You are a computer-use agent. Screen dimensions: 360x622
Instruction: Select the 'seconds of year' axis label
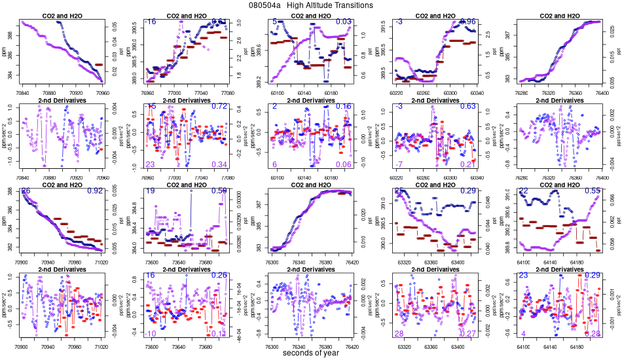pos(311,353)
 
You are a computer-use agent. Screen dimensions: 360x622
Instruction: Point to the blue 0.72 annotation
pos(219,107)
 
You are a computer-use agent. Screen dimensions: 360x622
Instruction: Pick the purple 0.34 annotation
pos(219,164)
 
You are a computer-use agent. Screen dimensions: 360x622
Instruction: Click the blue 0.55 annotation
pos(593,191)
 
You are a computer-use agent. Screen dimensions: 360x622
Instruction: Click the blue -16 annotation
pos(150,22)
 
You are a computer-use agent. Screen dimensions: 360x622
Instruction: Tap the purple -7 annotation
pos(399,164)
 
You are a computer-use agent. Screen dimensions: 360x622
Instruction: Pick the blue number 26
pos(26,191)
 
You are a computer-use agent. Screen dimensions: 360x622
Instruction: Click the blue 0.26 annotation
pos(219,276)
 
